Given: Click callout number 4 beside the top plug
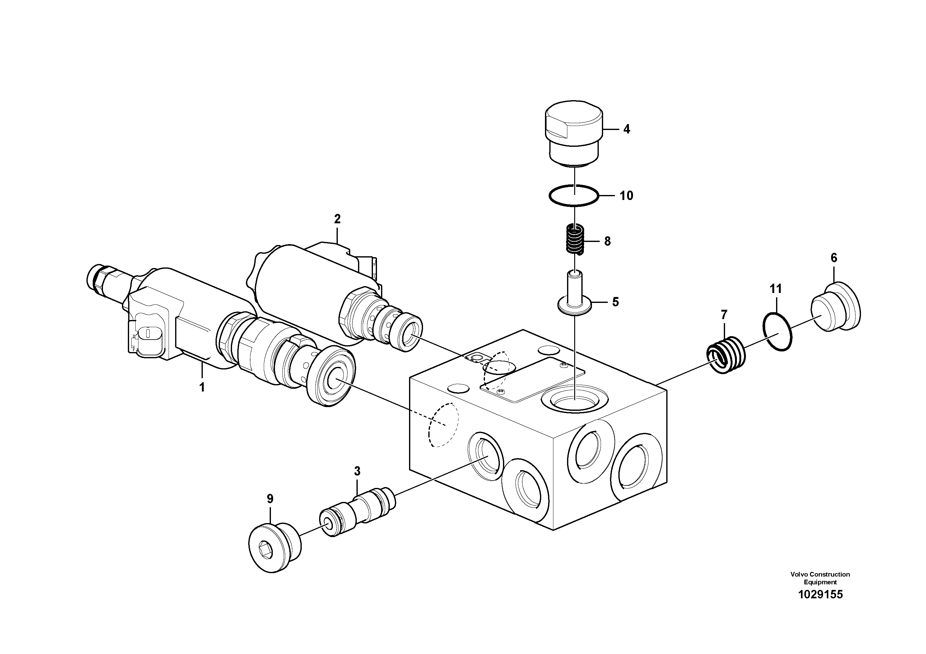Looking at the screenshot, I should click(626, 129).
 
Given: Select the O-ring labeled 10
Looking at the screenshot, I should click(574, 196).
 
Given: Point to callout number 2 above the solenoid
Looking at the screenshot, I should click(337, 219).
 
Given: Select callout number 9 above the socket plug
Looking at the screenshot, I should click(270, 499).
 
